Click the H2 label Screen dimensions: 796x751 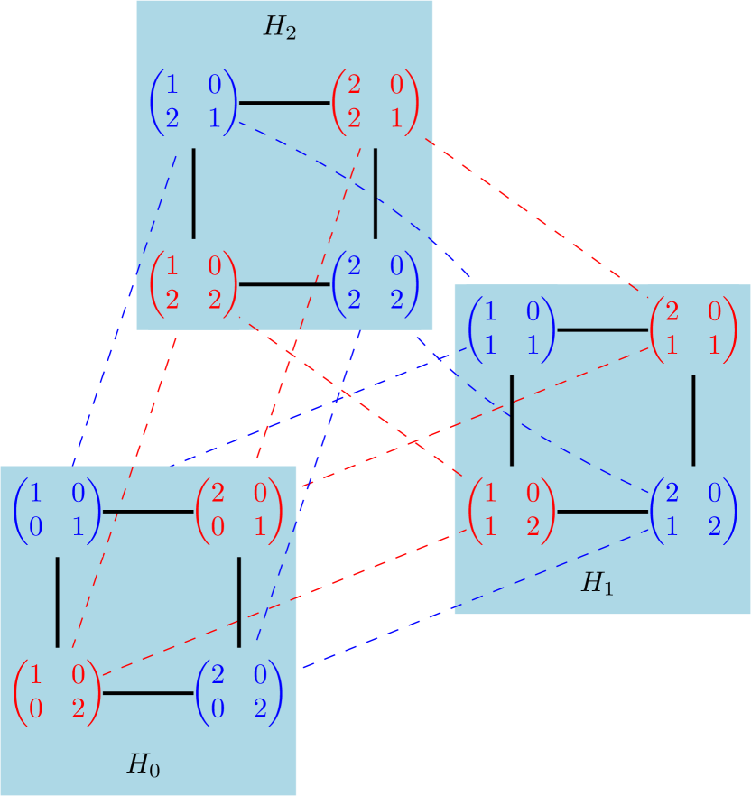(280, 27)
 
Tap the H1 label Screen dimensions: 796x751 (597, 584)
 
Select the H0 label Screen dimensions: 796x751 (144, 766)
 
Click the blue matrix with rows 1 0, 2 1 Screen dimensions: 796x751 (193, 102)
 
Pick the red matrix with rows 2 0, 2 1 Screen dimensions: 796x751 (375, 102)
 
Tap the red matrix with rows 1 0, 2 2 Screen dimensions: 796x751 (193, 284)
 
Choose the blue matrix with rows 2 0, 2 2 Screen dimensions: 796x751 (375, 284)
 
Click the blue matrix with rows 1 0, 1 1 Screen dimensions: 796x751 (512, 329)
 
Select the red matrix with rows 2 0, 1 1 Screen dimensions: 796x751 (693, 329)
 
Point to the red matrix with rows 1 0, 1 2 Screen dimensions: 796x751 (512, 512)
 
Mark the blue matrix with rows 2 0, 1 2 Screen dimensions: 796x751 (693, 512)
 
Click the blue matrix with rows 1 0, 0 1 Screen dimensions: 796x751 (57, 512)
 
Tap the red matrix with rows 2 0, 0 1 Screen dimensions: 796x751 (239, 512)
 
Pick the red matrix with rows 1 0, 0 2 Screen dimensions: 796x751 (57, 693)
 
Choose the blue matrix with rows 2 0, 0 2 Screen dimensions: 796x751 (239, 693)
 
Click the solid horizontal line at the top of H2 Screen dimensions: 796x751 (284, 103)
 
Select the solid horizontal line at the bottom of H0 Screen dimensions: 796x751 (148, 693)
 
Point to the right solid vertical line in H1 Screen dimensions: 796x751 (693, 420)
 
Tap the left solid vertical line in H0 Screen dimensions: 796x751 (58, 602)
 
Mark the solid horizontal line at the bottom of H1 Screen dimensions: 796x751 (602, 512)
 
